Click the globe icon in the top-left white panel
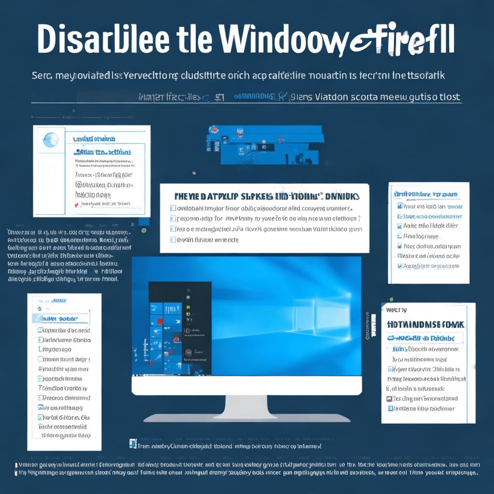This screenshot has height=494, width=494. pyautogui.click(x=50, y=140)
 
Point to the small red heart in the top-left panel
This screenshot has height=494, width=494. pyautogui.click(x=75, y=205)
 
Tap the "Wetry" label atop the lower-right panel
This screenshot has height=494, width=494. pyautogui.click(x=397, y=310)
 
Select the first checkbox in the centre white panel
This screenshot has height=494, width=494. pyautogui.click(x=173, y=208)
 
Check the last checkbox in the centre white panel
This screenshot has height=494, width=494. pyautogui.click(x=173, y=239)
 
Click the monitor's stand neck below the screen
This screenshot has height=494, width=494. pyautogui.click(x=246, y=406)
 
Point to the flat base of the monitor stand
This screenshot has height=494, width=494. pyautogui.click(x=246, y=418)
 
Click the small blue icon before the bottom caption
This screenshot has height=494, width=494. pyautogui.click(x=133, y=443)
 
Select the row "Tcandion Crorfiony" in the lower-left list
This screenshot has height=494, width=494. pyautogui.click(x=63, y=388)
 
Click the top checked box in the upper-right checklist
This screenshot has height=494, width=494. pyautogui.click(x=399, y=206)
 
